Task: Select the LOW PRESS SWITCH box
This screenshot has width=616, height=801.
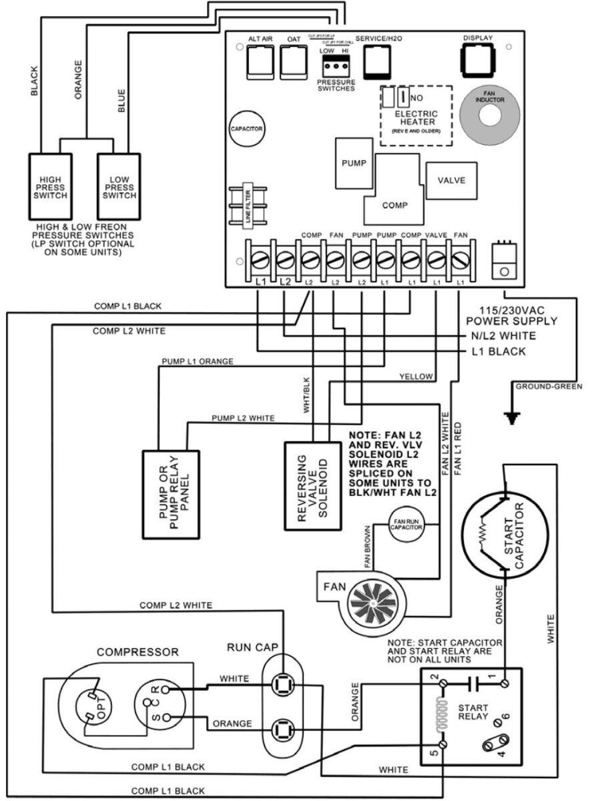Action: (119, 188)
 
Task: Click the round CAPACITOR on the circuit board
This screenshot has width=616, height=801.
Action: (246, 128)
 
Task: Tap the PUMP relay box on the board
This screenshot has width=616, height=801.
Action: (353, 163)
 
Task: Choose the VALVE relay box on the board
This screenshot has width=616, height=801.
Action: (451, 181)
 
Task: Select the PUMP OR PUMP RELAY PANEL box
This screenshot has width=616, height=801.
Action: (172, 494)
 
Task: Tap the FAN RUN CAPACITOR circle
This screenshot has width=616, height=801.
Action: (406, 525)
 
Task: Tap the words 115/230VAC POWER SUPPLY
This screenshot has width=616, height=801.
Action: (519, 316)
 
